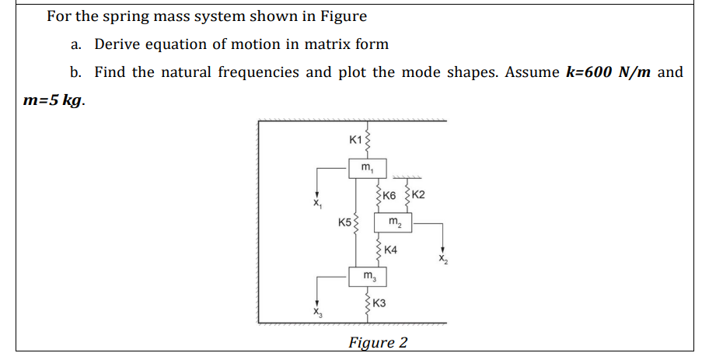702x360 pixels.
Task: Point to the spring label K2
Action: coord(417,194)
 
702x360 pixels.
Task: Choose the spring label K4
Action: coord(390,250)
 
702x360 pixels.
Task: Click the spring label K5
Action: coord(345,222)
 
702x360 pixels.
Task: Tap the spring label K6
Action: coord(391,194)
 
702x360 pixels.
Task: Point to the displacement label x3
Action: coord(316,311)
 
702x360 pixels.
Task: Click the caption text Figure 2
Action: coord(378,342)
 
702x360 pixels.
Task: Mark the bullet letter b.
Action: coord(75,72)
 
